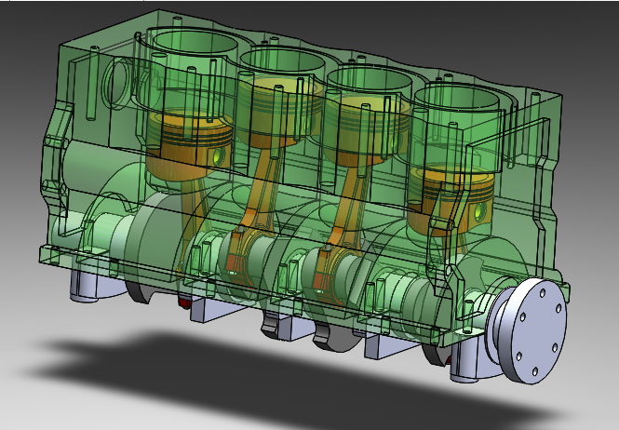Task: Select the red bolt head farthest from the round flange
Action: click(x=185, y=302)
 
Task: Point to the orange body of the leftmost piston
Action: click(x=191, y=144)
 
